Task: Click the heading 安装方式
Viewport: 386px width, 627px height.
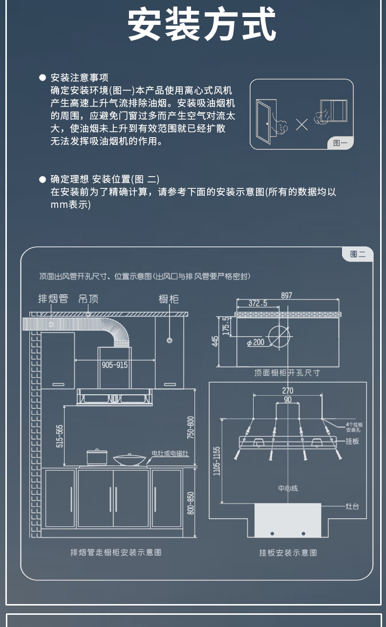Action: pyautogui.click(x=202, y=24)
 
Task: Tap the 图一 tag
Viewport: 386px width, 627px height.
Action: pyautogui.click(x=340, y=142)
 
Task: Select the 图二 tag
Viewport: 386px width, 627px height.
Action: pyautogui.click(x=358, y=254)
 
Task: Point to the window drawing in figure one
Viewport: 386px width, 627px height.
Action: pyautogui.click(x=334, y=111)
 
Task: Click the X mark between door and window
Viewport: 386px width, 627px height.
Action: pyautogui.click(x=302, y=124)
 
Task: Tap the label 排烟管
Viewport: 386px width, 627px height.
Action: pyautogui.click(x=53, y=299)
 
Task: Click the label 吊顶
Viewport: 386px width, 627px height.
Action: pyautogui.click(x=88, y=299)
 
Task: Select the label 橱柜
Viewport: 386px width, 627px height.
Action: pyautogui.click(x=169, y=299)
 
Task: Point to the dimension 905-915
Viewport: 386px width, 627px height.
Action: pyautogui.click(x=114, y=365)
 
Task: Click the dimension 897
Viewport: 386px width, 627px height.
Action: pyautogui.click(x=287, y=295)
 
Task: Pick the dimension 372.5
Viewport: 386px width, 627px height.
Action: pyautogui.click(x=258, y=303)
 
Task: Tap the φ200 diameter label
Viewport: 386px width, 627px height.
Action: pyautogui.click(x=256, y=342)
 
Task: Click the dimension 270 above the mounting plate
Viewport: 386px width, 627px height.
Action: pyautogui.click(x=288, y=390)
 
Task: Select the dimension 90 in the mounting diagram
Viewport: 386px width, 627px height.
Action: pyautogui.click(x=288, y=400)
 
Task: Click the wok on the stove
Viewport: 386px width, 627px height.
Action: pyautogui.click(x=129, y=459)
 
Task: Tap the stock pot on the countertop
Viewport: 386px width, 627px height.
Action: pyautogui.click(x=97, y=457)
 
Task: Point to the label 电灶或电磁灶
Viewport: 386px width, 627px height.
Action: pyautogui.click(x=170, y=453)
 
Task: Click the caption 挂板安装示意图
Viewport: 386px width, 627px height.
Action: pyautogui.click(x=288, y=552)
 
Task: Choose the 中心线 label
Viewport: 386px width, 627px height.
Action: pyautogui.click(x=288, y=488)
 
